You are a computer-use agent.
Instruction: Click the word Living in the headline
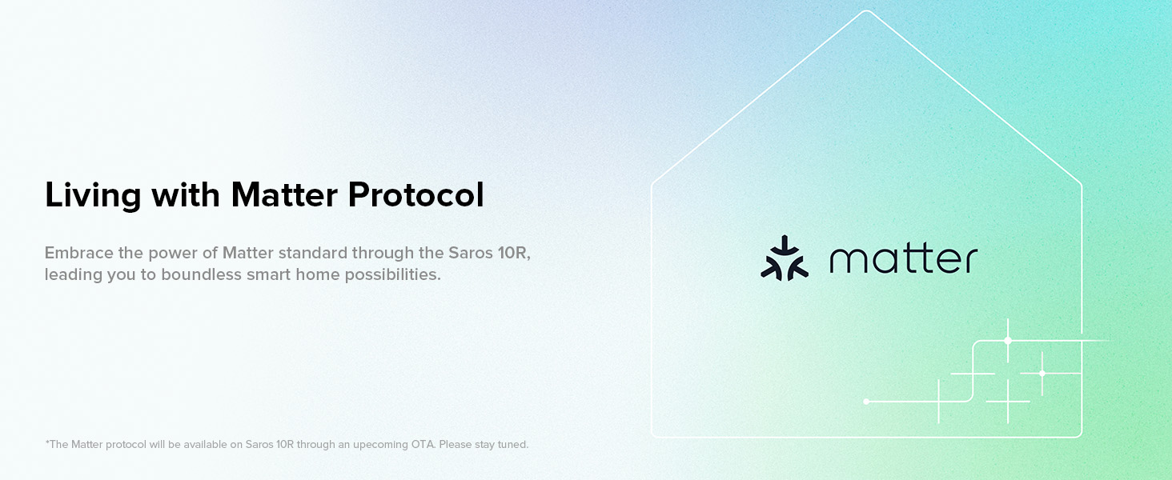coord(93,195)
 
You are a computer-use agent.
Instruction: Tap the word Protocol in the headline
coord(416,194)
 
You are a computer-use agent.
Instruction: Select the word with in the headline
coord(186,194)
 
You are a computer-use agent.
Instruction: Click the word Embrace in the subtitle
coord(78,253)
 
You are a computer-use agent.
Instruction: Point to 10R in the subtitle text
coord(514,253)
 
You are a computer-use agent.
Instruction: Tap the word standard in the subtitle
coord(313,253)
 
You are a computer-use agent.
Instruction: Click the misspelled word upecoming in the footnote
coord(380,445)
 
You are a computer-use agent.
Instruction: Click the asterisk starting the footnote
coord(47,442)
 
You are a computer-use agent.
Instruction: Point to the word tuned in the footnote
coord(512,445)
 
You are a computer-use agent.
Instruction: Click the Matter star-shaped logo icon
coord(785,258)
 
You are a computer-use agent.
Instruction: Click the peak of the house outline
coord(866,11)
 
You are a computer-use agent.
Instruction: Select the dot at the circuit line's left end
coord(866,402)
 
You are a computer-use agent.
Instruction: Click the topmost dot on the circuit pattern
coord(1008,341)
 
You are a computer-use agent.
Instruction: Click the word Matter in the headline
coord(284,194)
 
